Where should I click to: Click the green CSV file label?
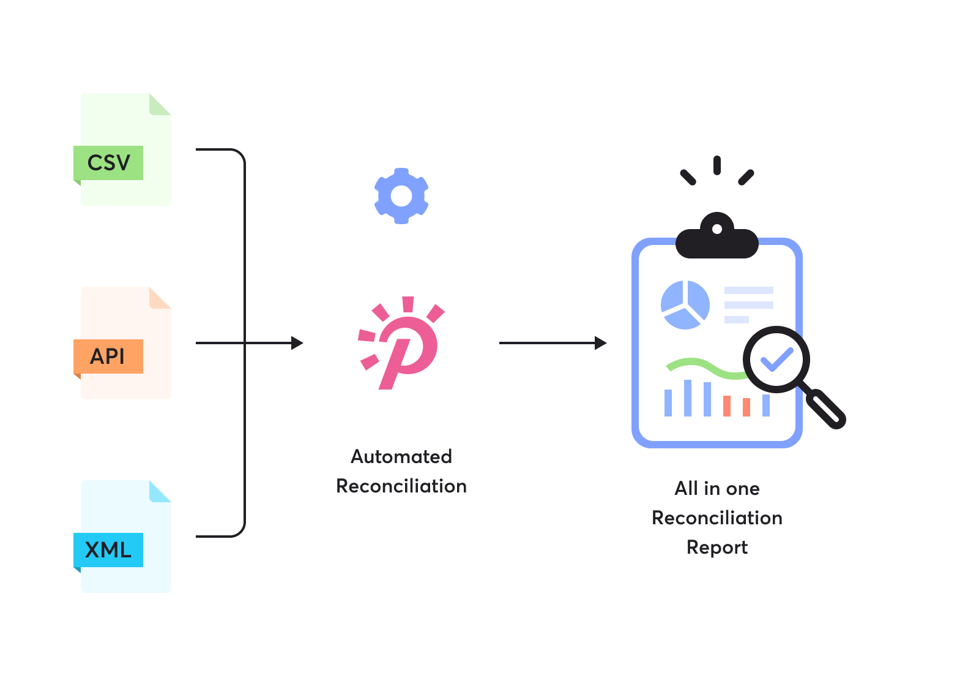click(x=109, y=163)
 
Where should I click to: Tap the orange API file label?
click(x=108, y=356)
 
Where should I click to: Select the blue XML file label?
click(x=108, y=550)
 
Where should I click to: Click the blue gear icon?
click(x=401, y=196)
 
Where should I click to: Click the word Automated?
click(x=401, y=456)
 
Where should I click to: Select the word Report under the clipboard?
click(x=717, y=547)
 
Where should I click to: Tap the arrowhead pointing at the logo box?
click(x=297, y=343)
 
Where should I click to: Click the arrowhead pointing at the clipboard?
click(x=601, y=343)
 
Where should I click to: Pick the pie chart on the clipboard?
click(x=685, y=304)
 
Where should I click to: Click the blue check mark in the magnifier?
click(x=776, y=360)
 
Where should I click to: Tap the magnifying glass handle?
click(x=825, y=407)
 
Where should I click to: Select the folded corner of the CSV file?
click(x=161, y=104)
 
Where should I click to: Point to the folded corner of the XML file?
click(x=161, y=491)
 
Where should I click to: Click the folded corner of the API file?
click(x=161, y=298)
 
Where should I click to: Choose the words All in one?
click(x=717, y=488)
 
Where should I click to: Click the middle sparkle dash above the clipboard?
click(x=717, y=165)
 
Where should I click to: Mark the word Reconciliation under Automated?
click(x=401, y=486)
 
